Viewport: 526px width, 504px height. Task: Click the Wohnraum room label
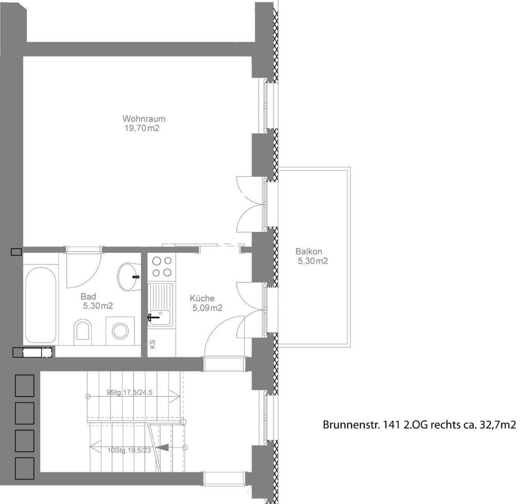coord(144,119)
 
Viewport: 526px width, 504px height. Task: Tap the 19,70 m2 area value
coord(142,128)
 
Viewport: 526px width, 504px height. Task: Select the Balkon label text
coord(309,251)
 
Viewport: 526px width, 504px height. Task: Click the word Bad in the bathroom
coord(88,296)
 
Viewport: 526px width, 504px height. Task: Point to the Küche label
coord(202,298)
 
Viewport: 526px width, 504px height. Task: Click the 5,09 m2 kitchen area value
coord(208,308)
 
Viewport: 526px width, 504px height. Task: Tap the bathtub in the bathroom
coord(41,305)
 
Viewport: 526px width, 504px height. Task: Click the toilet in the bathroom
coord(83,332)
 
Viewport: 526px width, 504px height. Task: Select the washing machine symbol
coord(120,331)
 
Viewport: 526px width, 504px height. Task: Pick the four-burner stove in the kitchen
coord(161,267)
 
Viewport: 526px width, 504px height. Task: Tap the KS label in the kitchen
coord(152,344)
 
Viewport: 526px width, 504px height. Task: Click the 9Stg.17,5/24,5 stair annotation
coord(129,392)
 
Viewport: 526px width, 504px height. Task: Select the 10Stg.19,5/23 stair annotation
coord(129,450)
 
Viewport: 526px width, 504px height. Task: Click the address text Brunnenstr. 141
coord(361,425)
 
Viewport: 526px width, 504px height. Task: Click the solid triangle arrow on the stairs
coord(163,447)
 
